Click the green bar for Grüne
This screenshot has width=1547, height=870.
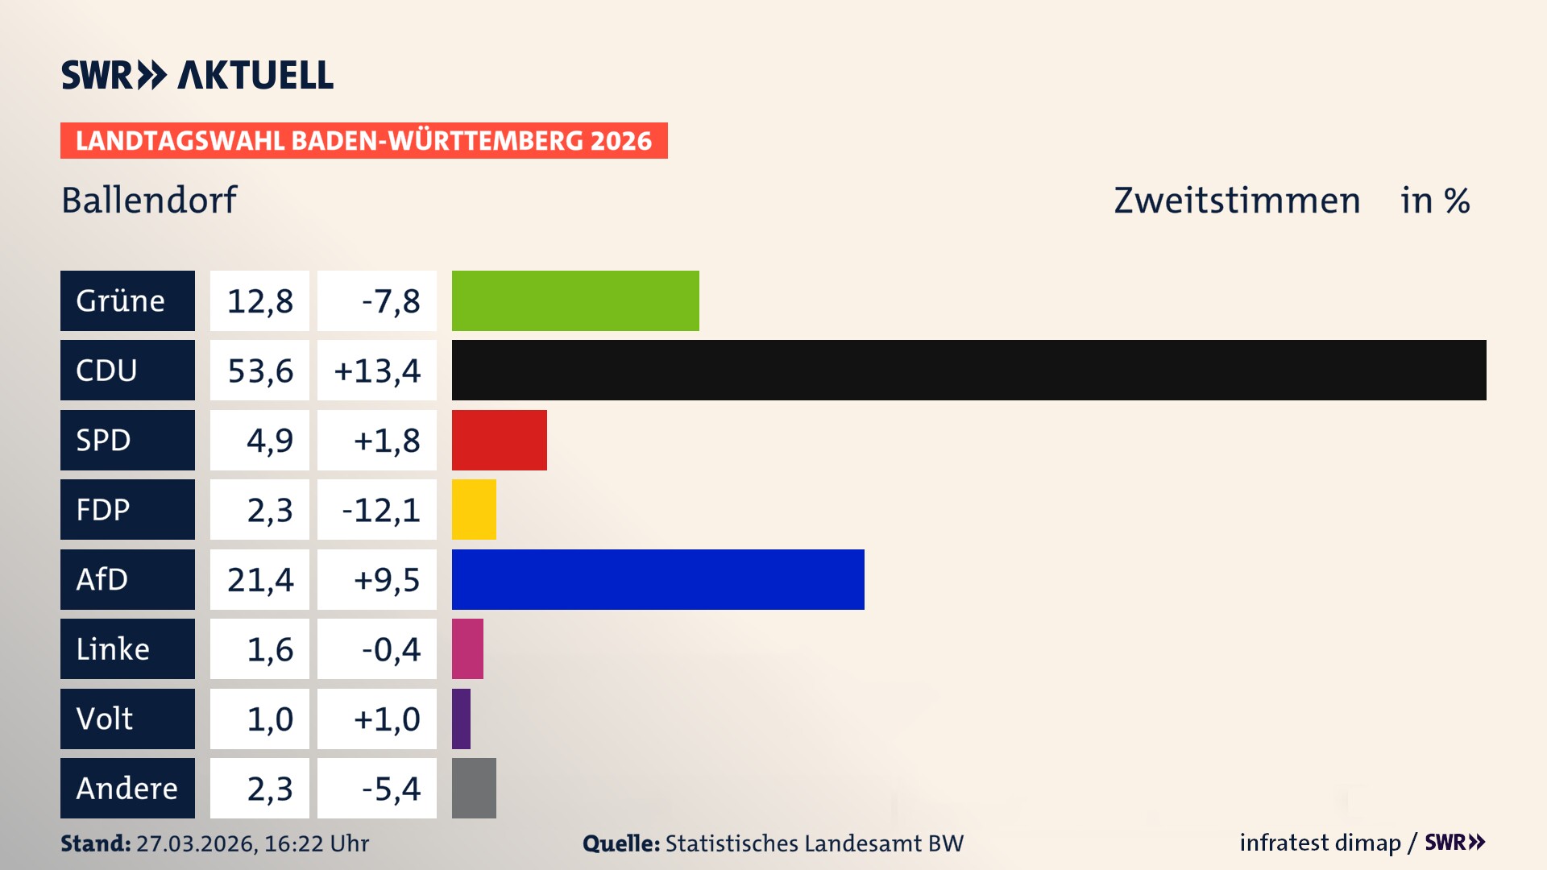[575, 300]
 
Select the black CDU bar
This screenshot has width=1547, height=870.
[968, 370]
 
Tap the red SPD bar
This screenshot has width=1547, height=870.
[499, 440]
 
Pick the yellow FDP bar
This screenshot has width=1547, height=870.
[474, 509]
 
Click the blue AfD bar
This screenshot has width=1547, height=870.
[657, 579]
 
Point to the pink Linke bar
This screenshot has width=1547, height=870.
[467, 648]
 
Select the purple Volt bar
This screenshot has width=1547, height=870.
[461, 719]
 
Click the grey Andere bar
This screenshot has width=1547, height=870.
[474, 788]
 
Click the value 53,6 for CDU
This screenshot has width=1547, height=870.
[259, 371]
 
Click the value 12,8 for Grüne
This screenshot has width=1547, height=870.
[259, 301]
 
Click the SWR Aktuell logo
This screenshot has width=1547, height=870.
[197, 75]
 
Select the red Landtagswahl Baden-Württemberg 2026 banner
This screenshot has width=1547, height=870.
[363, 140]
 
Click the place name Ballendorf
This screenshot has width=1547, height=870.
[149, 200]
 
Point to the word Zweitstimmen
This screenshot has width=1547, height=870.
[1237, 200]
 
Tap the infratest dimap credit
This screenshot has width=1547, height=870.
[1320, 843]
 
